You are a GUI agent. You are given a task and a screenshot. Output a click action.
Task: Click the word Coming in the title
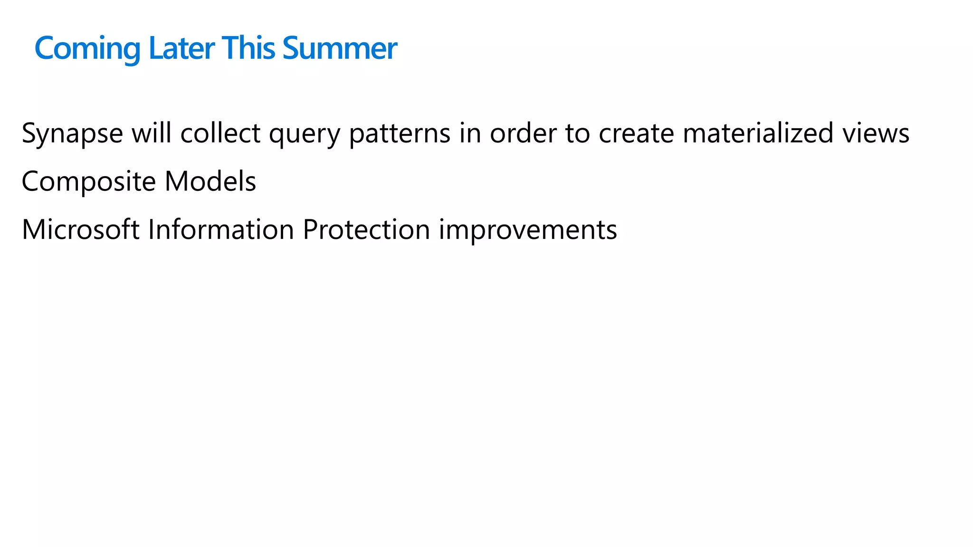tap(87, 48)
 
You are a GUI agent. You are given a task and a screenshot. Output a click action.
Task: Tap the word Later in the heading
tap(181, 48)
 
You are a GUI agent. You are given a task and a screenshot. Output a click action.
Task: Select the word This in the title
tap(248, 48)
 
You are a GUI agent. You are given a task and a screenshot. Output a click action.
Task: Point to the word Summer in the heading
tap(340, 48)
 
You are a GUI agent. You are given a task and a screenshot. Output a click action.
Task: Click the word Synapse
tap(72, 133)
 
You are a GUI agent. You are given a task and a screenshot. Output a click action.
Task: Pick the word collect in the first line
tap(220, 133)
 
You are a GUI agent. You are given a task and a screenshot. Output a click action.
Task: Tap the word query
tap(305, 133)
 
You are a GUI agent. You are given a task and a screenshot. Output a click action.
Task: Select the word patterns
tap(400, 133)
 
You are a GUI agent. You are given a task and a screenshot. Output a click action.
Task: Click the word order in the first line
tap(523, 133)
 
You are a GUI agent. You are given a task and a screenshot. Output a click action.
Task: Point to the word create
tap(636, 133)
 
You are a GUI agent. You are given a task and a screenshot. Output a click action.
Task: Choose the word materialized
tap(758, 133)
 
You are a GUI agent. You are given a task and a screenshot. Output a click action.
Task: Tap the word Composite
tap(89, 182)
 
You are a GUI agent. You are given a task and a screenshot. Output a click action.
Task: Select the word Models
tap(210, 182)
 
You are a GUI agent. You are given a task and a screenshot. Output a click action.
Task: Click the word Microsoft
tap(81, 230)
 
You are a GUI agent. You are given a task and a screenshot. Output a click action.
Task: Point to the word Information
tap(221, 230)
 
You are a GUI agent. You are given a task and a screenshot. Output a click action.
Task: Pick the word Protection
tap(366, 230)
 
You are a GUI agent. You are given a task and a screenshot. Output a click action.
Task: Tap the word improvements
tap(527, 230)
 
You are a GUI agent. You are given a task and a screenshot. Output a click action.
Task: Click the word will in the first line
tap(152, 133)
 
